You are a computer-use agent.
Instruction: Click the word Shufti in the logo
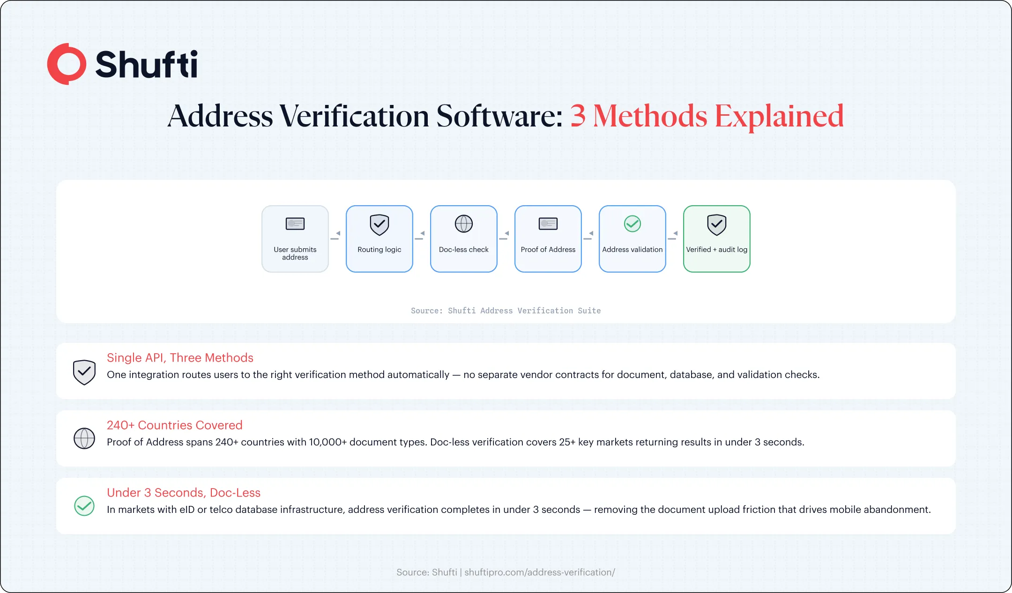[x=146, y=64]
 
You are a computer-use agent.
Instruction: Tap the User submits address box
[x=295, y=239]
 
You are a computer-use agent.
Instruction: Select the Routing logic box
[x=379, y=239]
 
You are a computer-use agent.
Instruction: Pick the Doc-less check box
[x=464, y=239]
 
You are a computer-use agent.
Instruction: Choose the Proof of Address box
[x=548, y=239]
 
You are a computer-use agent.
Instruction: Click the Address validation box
[x=632, y=239]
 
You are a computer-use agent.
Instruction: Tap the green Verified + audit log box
[x=717, y=239]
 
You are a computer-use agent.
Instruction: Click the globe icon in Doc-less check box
[x=464, y=224]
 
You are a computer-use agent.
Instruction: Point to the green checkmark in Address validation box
[x=632, y=224]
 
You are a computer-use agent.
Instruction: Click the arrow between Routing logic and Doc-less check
[x=420, y=236]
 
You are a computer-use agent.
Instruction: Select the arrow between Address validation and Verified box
[x=673, y=236]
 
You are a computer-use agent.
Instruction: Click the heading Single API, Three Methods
[x=180, y=358]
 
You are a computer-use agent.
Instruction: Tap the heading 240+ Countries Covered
[x=175, y=425]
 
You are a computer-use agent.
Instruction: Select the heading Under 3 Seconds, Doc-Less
[x=184, y=493]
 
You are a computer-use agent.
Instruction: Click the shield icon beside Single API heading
[x=84, y=372]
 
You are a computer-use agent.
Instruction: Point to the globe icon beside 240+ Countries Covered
[x=84, y=438]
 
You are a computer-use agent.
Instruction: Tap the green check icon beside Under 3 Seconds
[x=84, y=506]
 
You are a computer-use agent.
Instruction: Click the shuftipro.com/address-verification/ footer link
[x=540, y=572]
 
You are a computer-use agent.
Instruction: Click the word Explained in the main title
[x=779, y=117]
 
